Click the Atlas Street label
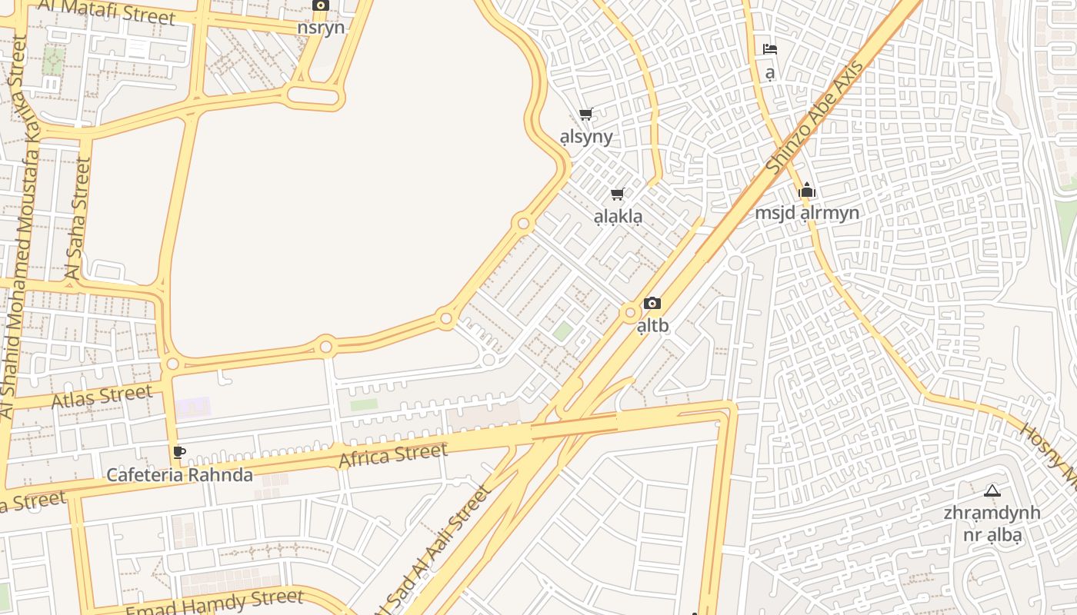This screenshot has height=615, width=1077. click(102, 397)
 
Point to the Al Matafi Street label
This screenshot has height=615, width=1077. click(106, 10)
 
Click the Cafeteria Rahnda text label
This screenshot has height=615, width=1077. click(179, 475)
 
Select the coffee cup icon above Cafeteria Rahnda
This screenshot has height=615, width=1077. click(178, 452)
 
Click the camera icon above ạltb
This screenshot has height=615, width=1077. click(652, 304)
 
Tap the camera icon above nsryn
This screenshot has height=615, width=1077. click(322, 5)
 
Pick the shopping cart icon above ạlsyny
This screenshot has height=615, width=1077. click(586, 115)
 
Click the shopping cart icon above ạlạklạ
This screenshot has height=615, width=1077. click(617, 194)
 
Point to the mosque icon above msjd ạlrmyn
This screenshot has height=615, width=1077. click(806, 190)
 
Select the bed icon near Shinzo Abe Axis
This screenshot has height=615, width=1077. click(770, 49)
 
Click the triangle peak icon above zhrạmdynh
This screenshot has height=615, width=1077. click(992, 490)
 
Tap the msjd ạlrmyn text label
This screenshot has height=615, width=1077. click(806, 213)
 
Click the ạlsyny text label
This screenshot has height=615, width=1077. click(586, 137)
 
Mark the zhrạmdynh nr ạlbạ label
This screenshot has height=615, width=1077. click(992, 524)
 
